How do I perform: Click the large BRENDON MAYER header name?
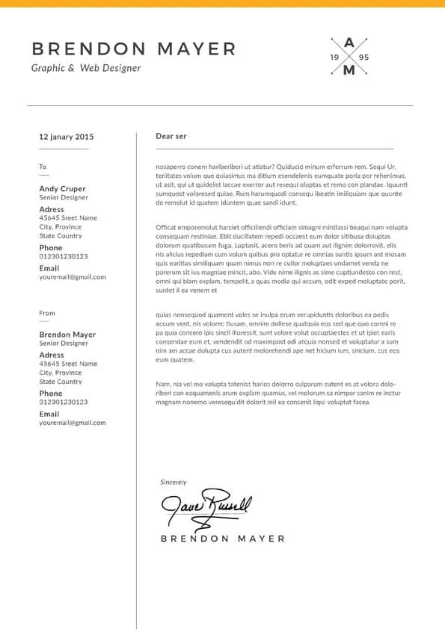click(134, 49)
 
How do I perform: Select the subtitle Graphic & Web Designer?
click(86, 68)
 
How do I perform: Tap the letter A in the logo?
click(349, 43)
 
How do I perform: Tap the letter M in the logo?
click(349, 71)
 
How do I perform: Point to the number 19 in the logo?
click(334, 58)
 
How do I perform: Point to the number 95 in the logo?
click(364, 58)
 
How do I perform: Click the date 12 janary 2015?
click(67, 137)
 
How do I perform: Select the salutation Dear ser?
click(171, 136)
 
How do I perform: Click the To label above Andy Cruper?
click(43, 167)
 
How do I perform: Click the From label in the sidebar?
click(47, 313)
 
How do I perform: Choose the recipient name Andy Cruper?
click(62, 189)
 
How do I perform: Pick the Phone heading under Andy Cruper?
click(51, 247)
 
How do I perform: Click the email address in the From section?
click(73, 423)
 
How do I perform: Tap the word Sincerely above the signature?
click(174, 483)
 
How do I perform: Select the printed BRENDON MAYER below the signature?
click(222, 538)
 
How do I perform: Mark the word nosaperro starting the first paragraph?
click(171, 166)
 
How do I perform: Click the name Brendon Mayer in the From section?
click(67, 335)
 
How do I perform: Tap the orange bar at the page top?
click(222, 4)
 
